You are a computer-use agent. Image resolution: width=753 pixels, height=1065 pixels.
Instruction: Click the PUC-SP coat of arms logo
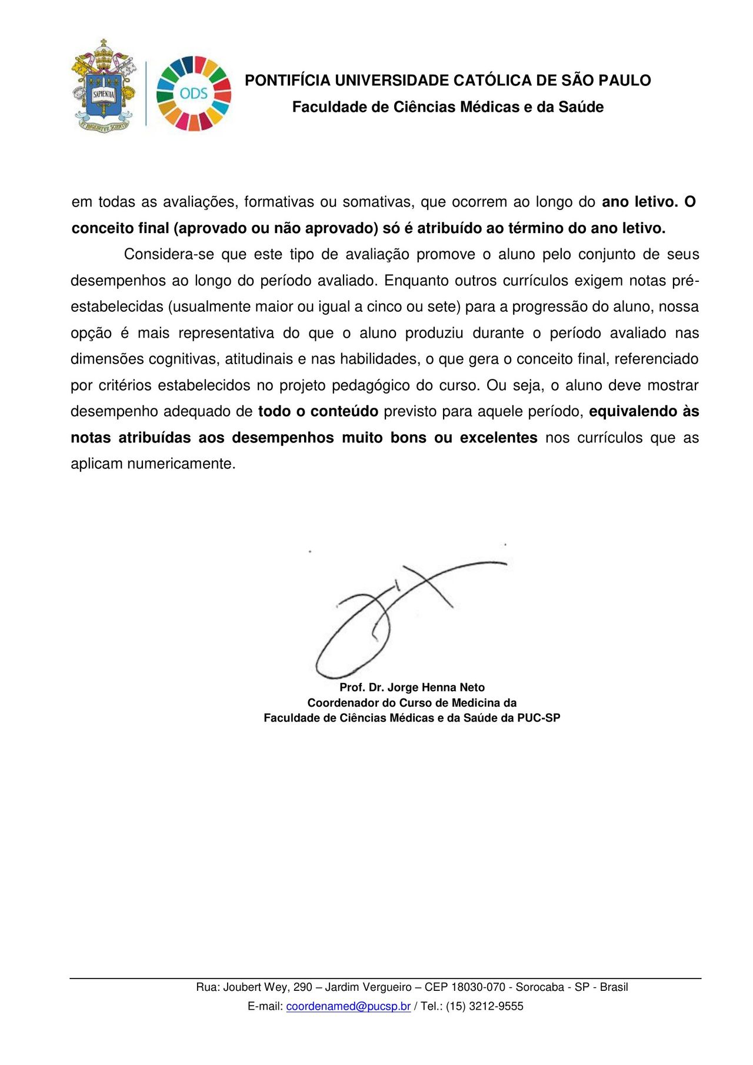coord(104,86)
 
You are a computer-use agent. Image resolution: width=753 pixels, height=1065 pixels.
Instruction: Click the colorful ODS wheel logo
coord(194,93)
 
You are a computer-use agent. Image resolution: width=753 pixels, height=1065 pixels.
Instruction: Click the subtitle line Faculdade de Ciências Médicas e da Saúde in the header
coord(448,107)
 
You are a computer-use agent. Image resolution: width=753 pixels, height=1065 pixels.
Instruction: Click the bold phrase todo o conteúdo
coord(318,411)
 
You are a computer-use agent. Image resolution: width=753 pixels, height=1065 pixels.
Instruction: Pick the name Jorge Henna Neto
coord(436,687)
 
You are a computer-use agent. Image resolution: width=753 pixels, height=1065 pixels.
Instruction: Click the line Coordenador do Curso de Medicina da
coord(412,703)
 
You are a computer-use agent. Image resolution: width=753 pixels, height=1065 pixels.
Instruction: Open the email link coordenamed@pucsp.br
coord(348,1006)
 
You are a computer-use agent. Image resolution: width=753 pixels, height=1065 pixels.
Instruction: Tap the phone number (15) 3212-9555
coord(484,1006)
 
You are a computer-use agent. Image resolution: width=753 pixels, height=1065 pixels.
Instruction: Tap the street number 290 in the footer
coord(302,987)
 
